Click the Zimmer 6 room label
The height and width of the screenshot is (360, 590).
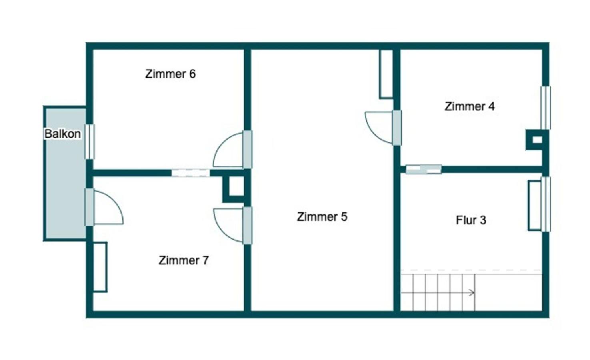tap(170, 74)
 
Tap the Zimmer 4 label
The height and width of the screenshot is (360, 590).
tap(470, 106)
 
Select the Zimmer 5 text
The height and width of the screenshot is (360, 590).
tap(322, 217)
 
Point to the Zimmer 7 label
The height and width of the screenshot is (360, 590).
tap(184, 260)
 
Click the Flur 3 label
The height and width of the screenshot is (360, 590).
tap(471, 220)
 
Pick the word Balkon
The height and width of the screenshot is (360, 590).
tap(62, 134)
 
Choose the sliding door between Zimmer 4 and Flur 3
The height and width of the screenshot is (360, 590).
tap(424, 170)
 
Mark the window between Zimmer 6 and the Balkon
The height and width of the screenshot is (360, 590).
tap(90, 142)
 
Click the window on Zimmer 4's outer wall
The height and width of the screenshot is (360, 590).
tap(546, 108)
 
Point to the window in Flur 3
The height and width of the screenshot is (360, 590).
tap(546, 204)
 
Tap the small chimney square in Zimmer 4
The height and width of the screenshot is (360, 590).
tap(537, 140)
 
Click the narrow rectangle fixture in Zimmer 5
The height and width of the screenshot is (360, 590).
tap(386, 74)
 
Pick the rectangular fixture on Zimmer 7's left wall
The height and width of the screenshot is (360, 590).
tap(100, 267)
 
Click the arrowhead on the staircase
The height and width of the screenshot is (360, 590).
tap(472, 293)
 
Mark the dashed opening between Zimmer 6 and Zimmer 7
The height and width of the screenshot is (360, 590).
tap(190, 173)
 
